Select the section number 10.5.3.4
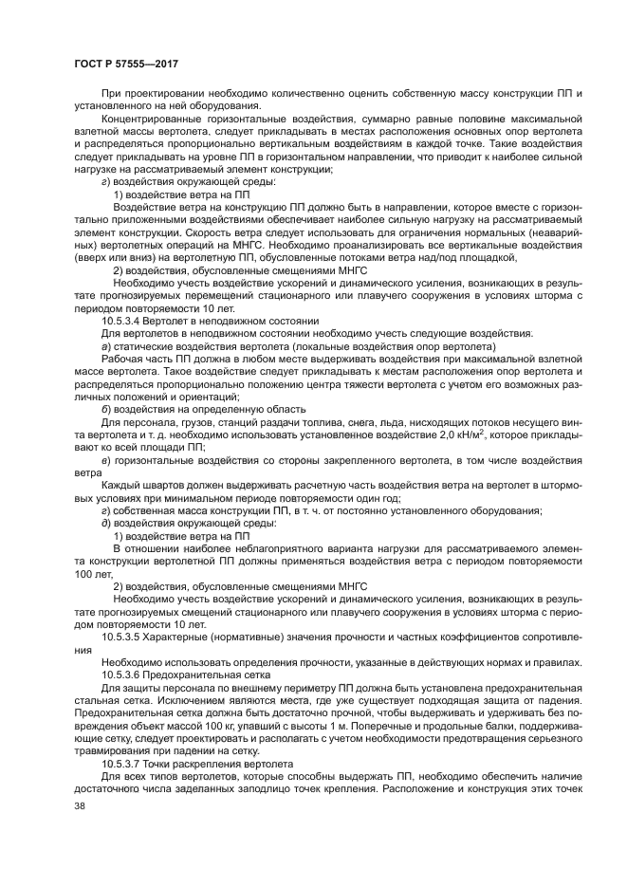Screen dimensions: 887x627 point(123,321)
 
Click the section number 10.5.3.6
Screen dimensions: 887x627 point(123,673)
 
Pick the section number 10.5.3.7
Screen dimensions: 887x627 point(123,763)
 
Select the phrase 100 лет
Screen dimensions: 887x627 point(94,573)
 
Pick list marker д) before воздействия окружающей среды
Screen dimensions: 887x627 point(105,523)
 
